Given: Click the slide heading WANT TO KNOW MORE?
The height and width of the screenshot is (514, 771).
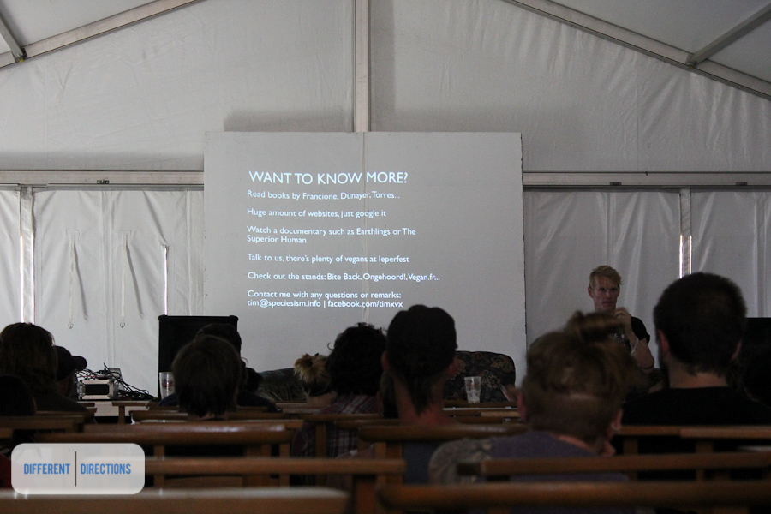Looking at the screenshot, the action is pos(328,177).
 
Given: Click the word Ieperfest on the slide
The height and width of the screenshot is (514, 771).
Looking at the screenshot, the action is pos(393,259).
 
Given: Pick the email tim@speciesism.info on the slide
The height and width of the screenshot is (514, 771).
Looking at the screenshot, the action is pos(284,303).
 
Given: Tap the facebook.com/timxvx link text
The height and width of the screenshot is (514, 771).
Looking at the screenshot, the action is pos(365,304).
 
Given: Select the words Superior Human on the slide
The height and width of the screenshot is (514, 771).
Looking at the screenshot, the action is pos(277,240).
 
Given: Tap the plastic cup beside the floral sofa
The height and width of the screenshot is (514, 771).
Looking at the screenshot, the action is pos(473,390).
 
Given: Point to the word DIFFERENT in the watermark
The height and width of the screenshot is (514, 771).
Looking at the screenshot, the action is pos(47,469).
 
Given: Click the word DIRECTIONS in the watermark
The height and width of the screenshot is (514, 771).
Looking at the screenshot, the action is pos(105,469).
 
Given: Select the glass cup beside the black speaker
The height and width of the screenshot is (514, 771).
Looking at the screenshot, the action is pos(166,383).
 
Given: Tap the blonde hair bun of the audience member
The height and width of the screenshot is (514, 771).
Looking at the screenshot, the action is pos(311,368).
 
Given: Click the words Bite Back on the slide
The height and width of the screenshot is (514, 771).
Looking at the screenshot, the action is pos(344,277).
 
